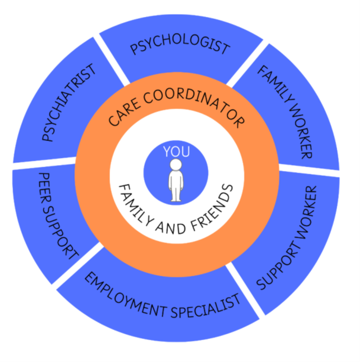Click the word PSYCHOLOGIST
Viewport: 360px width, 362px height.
click(x=179, y=47)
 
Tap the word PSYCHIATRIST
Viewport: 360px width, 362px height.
click(x=69, y=103)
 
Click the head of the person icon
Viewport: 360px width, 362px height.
click(x=176, y=164)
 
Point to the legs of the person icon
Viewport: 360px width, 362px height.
click(x=176, y=193)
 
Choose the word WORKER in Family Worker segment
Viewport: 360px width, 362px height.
click(x=300, y=130)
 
